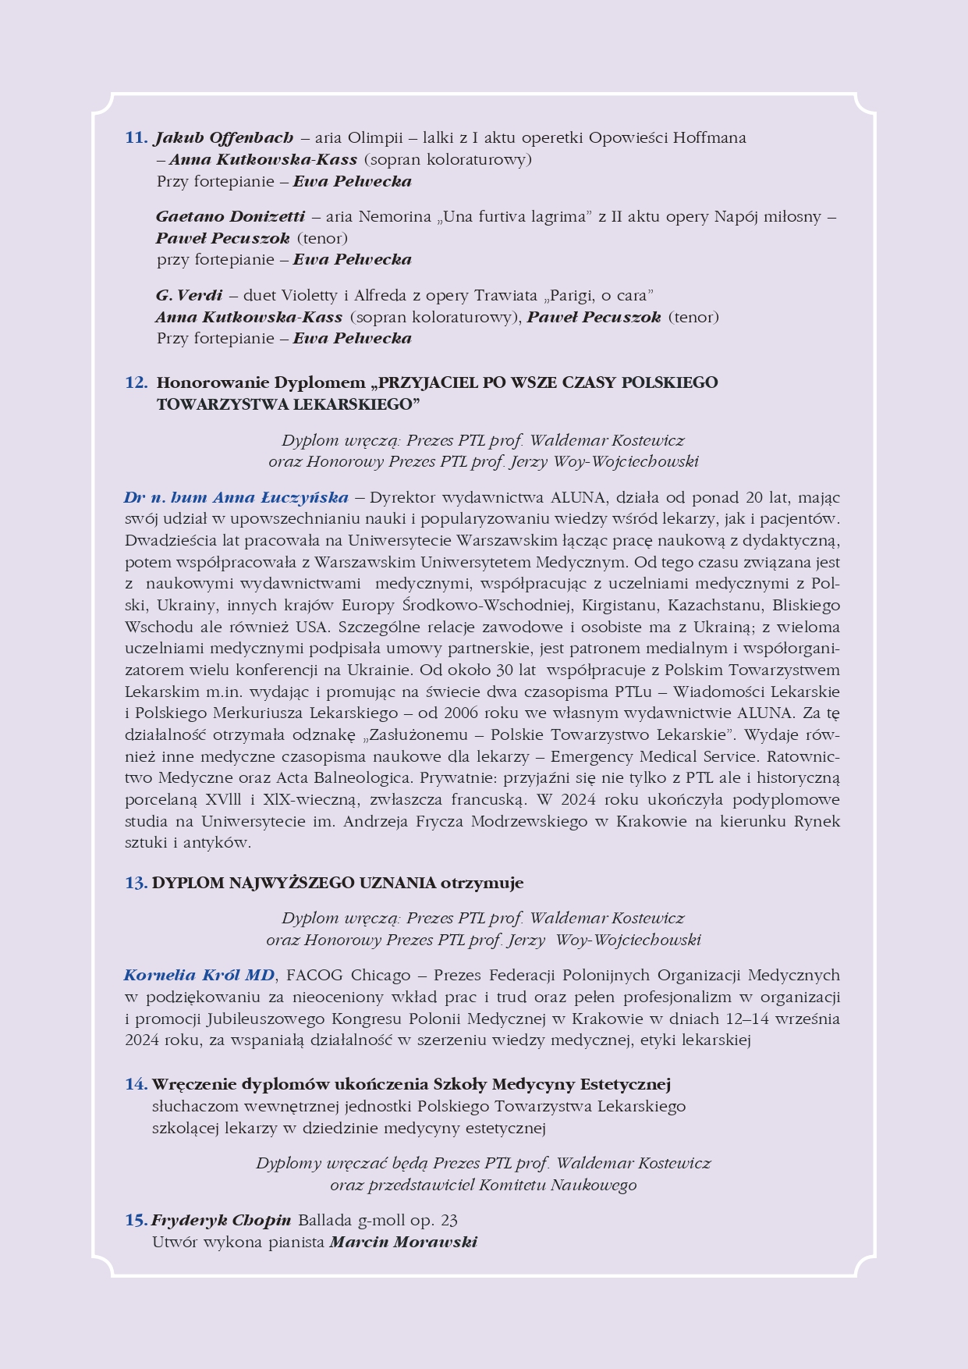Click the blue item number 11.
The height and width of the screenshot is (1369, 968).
[x=136, y=138]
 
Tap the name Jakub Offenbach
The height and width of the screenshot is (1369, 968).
[x=225, y=138]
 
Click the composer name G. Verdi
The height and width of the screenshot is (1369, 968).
[x=189, y=295]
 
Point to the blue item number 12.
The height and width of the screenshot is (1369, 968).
[x=136, y=382]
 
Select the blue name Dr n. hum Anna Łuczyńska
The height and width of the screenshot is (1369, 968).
[x=236, y=497]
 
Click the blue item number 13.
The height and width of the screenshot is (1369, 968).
[x=136, y=883]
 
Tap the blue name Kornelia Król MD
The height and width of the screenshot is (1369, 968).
[x=199, y=975]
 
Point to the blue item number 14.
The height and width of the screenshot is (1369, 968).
[x=136, y=1084]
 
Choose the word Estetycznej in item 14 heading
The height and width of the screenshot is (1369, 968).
[x=626, y=1084]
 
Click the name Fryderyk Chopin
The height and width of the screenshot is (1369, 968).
[x=222, y=1220]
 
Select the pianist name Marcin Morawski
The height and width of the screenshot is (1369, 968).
[x=402, y=1242]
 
